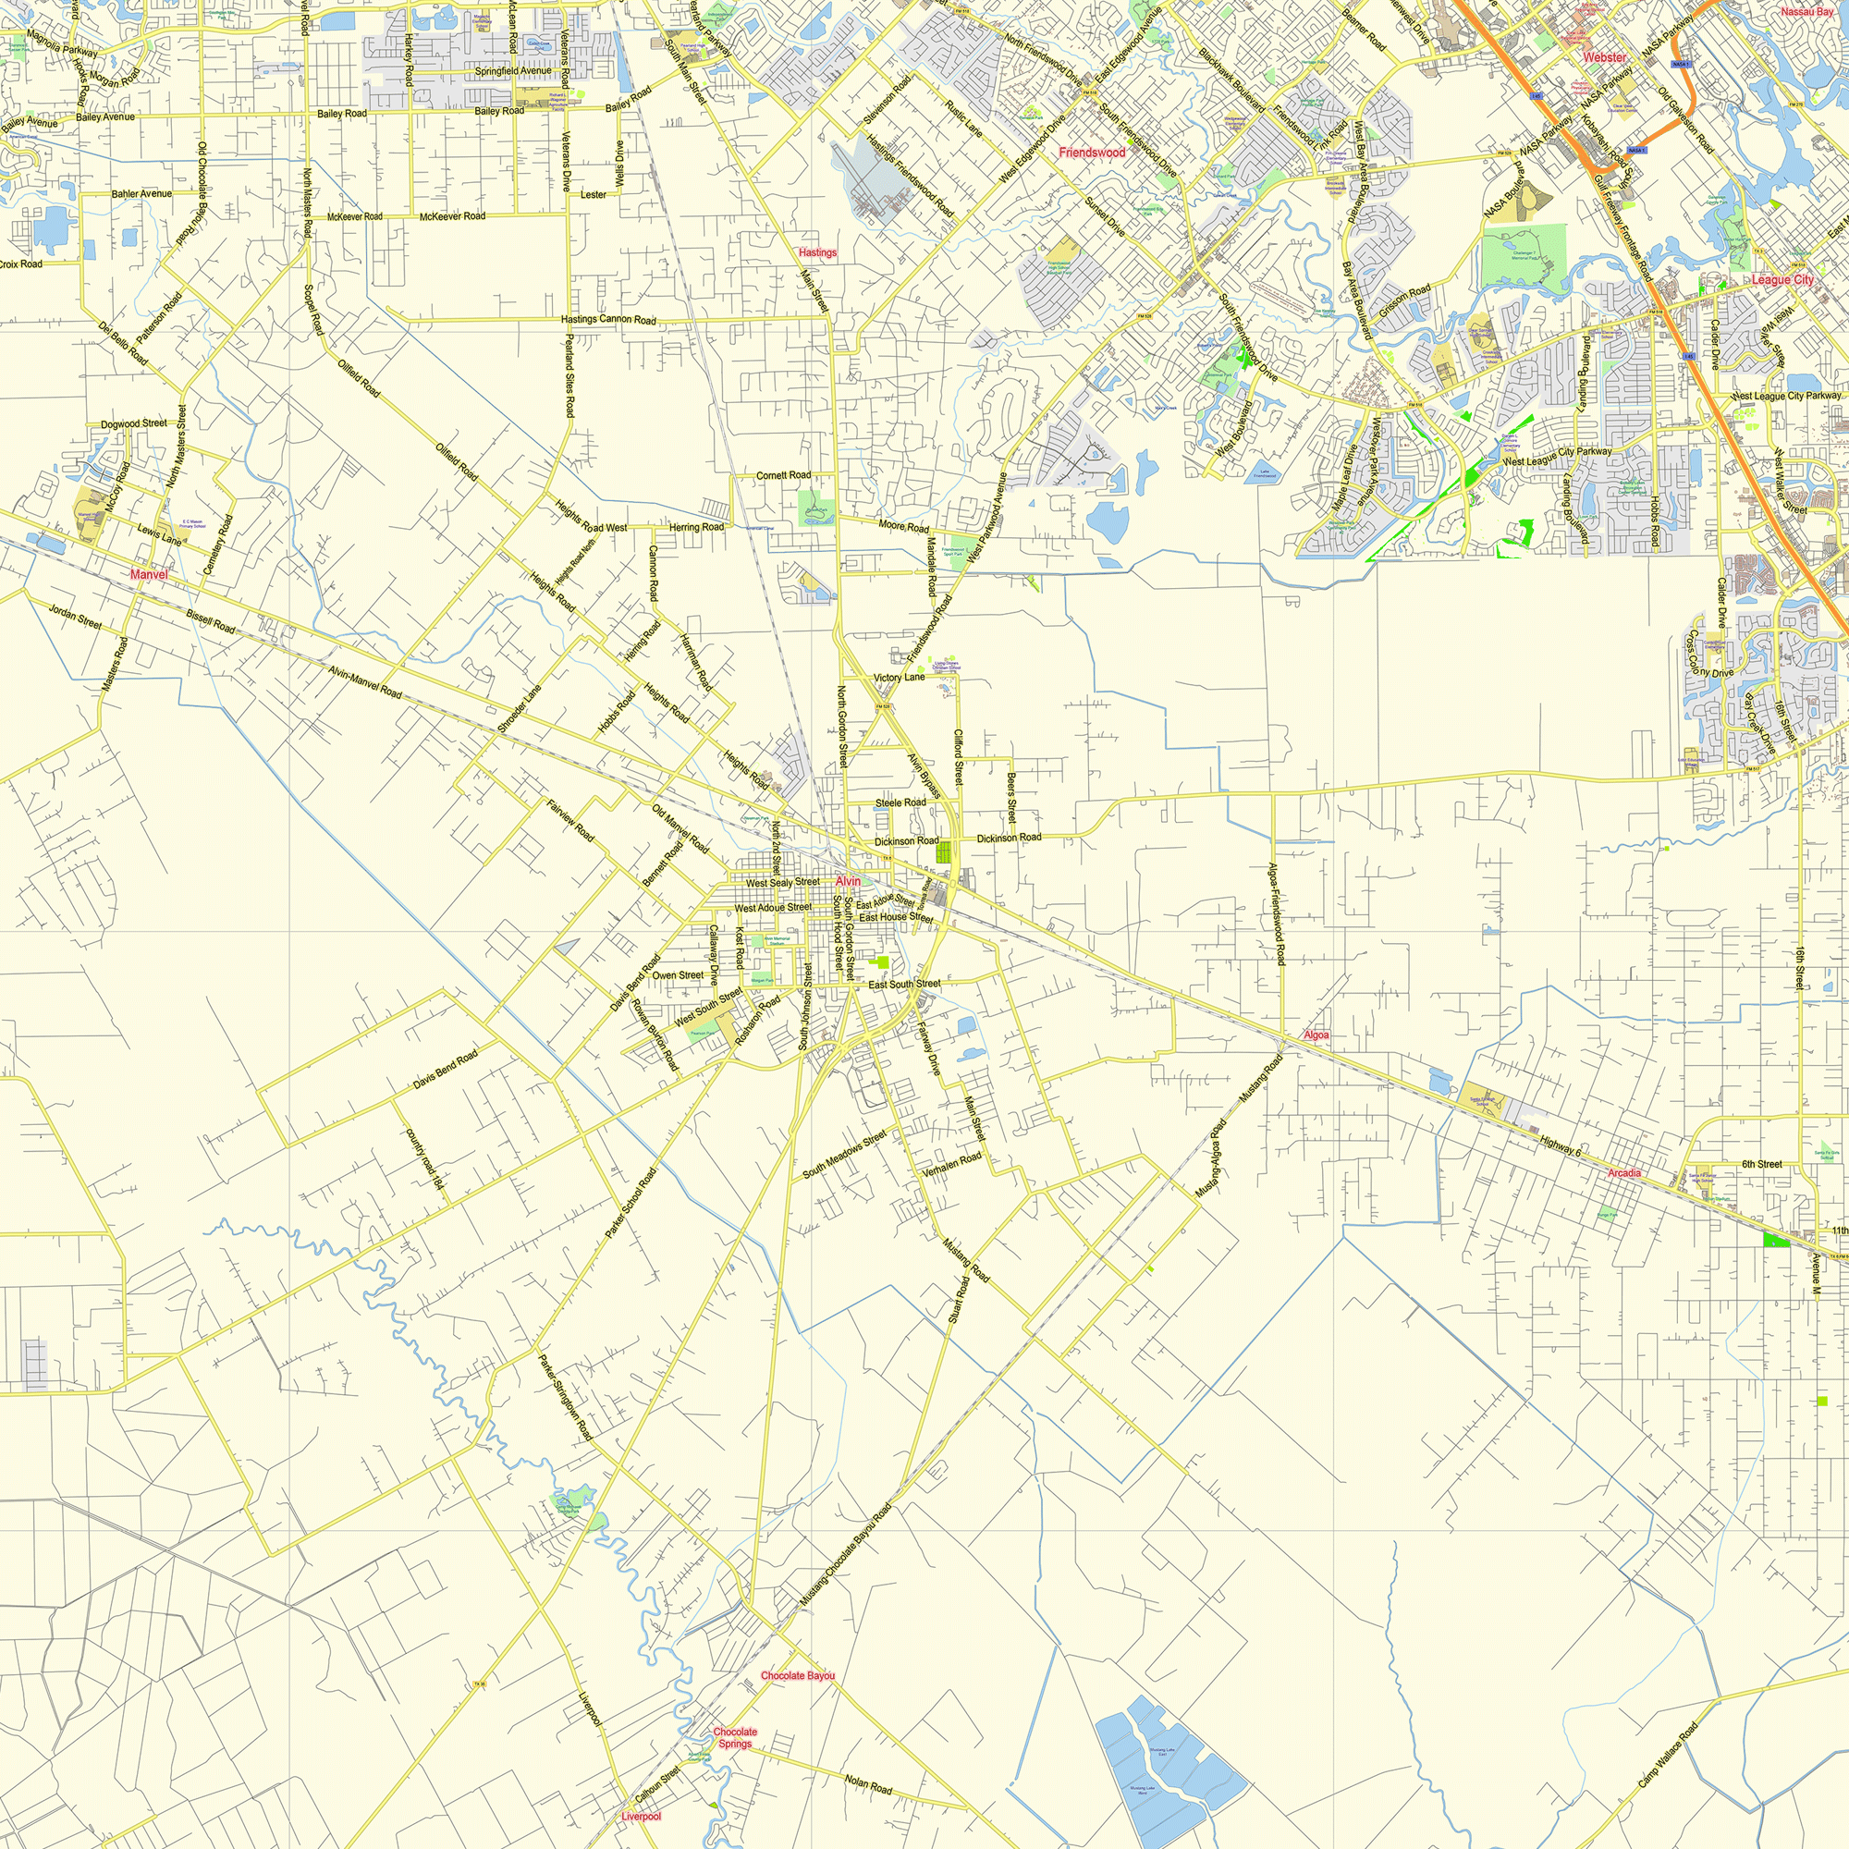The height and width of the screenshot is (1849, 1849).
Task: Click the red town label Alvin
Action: [848, 881]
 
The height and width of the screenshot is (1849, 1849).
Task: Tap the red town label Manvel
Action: [148, 574]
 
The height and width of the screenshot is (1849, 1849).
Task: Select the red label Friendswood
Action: [1092, 153]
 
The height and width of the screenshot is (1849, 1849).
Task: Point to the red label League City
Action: [1782, 279]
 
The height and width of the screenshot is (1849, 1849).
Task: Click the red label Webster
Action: [1604, 57]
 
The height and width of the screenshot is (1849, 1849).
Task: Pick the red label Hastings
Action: [817, 252]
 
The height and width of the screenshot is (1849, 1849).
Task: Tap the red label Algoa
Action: [1316, 1035]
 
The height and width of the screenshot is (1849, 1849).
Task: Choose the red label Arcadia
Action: [1624, 1173]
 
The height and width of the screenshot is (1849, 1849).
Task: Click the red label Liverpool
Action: [641, 1817]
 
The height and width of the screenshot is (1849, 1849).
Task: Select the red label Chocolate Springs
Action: [735, 1738]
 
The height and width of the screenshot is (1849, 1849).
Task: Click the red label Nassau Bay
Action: [1806, 11]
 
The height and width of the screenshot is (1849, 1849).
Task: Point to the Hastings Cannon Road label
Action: [608, 320]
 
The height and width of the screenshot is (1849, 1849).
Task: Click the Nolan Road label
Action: [868, 1783]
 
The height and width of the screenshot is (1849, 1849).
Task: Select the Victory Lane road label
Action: [899, 678]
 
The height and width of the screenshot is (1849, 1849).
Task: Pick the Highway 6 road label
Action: [1560, 1145]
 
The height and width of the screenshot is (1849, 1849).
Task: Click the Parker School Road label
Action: [631, 1204]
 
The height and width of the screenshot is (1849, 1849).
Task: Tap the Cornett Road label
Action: [783, 474]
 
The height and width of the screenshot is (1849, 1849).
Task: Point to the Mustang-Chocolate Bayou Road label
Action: [846, 1555]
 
